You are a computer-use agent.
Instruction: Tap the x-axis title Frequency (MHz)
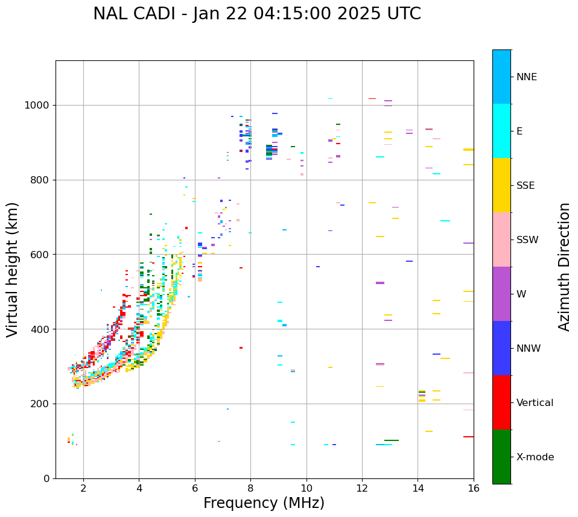point(264,503)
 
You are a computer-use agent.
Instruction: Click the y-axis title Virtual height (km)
point(13,269)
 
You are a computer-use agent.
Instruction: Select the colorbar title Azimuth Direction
point(564,267)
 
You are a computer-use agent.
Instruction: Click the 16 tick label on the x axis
point(474,488)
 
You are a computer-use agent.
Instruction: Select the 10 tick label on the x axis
point(306,488)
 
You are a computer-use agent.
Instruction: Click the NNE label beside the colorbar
point(526,77)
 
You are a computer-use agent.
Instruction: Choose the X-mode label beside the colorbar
point(535,457)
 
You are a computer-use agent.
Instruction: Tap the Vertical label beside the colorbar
point(535,403)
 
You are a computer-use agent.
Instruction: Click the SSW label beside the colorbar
point(527,240)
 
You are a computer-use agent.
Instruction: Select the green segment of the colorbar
point(501,457)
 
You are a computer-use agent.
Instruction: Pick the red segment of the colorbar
point(501,402)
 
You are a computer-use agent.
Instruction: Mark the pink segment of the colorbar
point(501,239)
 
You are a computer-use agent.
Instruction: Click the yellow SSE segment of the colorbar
point(501,185)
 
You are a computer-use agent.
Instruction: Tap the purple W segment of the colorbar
point(501,294)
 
